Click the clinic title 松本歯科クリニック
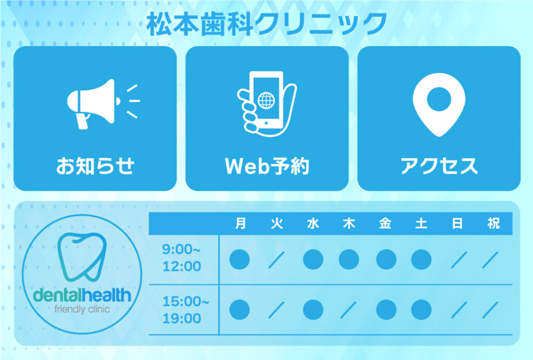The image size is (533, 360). (267, 24)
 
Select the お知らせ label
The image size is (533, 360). (96, 166)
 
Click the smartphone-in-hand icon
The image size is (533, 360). (267, 104)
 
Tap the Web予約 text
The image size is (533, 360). (267, 166)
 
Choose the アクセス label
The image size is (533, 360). (439, 166)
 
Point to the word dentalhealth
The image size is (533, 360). (82, 295)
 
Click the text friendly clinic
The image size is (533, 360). (82, 309)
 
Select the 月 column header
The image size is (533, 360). (240, 224)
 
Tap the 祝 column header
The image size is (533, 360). (493, 224)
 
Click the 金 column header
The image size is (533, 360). (385, 224)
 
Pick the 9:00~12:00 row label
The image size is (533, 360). (182, 258)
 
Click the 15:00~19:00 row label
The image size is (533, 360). (186, 309)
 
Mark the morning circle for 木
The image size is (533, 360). (349, 259)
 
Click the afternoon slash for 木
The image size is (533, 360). (349, 310)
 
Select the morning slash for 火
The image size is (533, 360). (276, 259)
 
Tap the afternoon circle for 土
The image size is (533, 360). (421, 310)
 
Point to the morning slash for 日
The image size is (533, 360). (459, 259)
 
